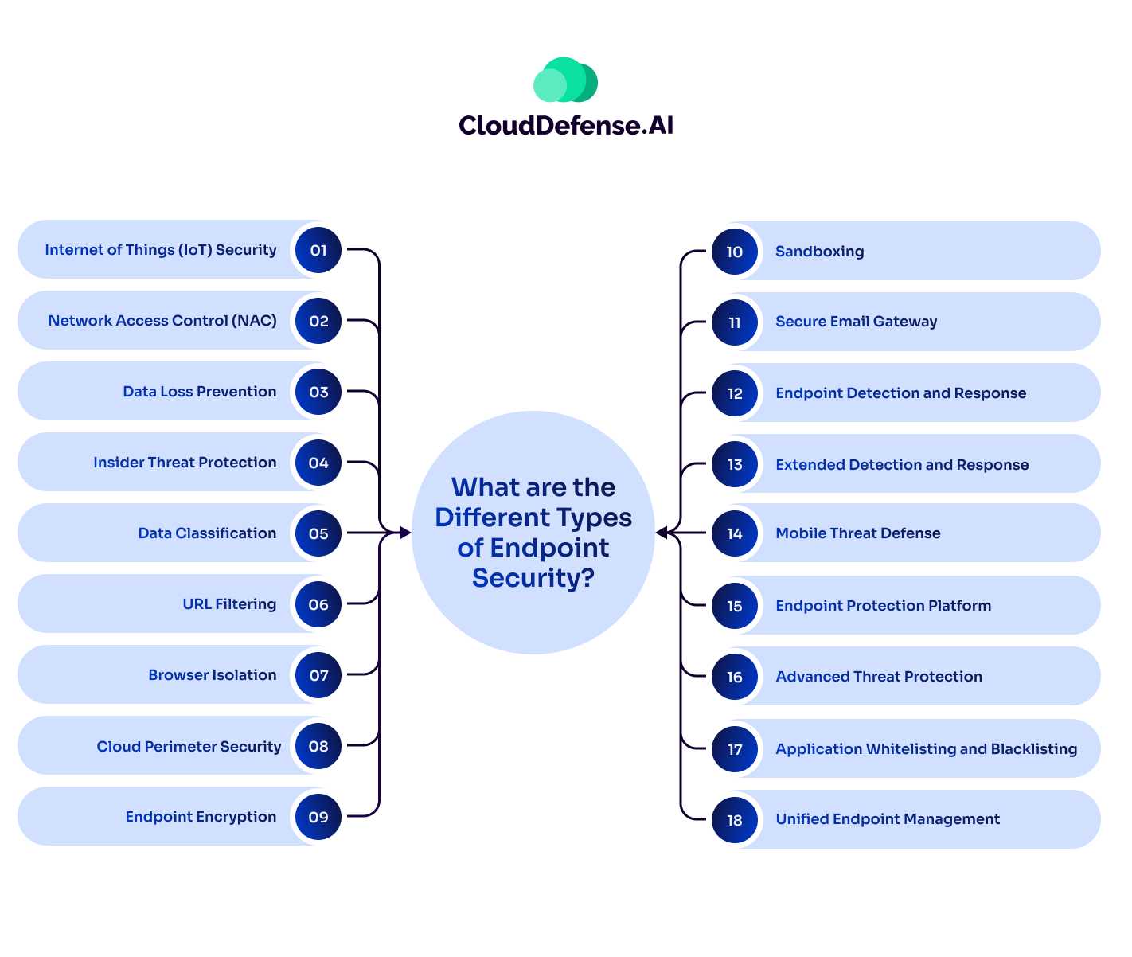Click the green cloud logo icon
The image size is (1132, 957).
565,80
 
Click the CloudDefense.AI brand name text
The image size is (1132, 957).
566,125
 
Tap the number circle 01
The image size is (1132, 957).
318,251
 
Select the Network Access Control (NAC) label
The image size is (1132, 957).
162,321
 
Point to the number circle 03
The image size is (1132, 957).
318,392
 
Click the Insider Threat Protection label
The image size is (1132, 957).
185,463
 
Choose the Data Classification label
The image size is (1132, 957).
207,533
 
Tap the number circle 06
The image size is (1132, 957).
318,604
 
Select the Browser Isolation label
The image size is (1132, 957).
213,675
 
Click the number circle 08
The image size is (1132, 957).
318,746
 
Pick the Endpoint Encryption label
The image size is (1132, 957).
201,817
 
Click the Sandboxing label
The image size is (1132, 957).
819,252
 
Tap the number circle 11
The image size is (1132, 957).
734,322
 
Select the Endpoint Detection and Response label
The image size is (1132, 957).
900,393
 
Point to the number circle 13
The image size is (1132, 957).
734,464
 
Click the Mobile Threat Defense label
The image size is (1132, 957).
857,533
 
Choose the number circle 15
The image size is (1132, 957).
734,606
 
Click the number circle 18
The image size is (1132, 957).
734,820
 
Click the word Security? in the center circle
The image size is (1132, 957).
533,578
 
